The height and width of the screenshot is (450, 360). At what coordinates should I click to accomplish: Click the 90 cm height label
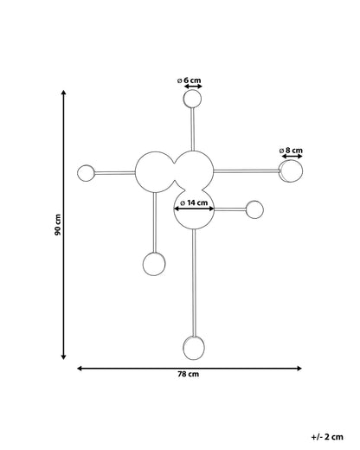coord(58,225)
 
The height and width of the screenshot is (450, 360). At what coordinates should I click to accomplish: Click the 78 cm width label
coord(188,374)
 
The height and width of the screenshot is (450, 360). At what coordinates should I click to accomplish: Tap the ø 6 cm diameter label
coord(189,80)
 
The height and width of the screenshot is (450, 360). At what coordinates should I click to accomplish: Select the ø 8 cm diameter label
coord(291,151)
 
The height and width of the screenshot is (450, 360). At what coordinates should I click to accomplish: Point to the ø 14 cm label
coord(194,202)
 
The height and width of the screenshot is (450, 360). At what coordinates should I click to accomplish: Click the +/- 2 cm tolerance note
coord(327,437)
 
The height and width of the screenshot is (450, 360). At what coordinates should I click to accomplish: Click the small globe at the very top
coord(192,99)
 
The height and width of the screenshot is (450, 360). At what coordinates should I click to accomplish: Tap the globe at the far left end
coord(86,173)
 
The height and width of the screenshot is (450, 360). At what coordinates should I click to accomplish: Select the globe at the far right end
coord(291,171)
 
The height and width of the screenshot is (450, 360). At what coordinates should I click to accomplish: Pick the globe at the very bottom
coord(194,348)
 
